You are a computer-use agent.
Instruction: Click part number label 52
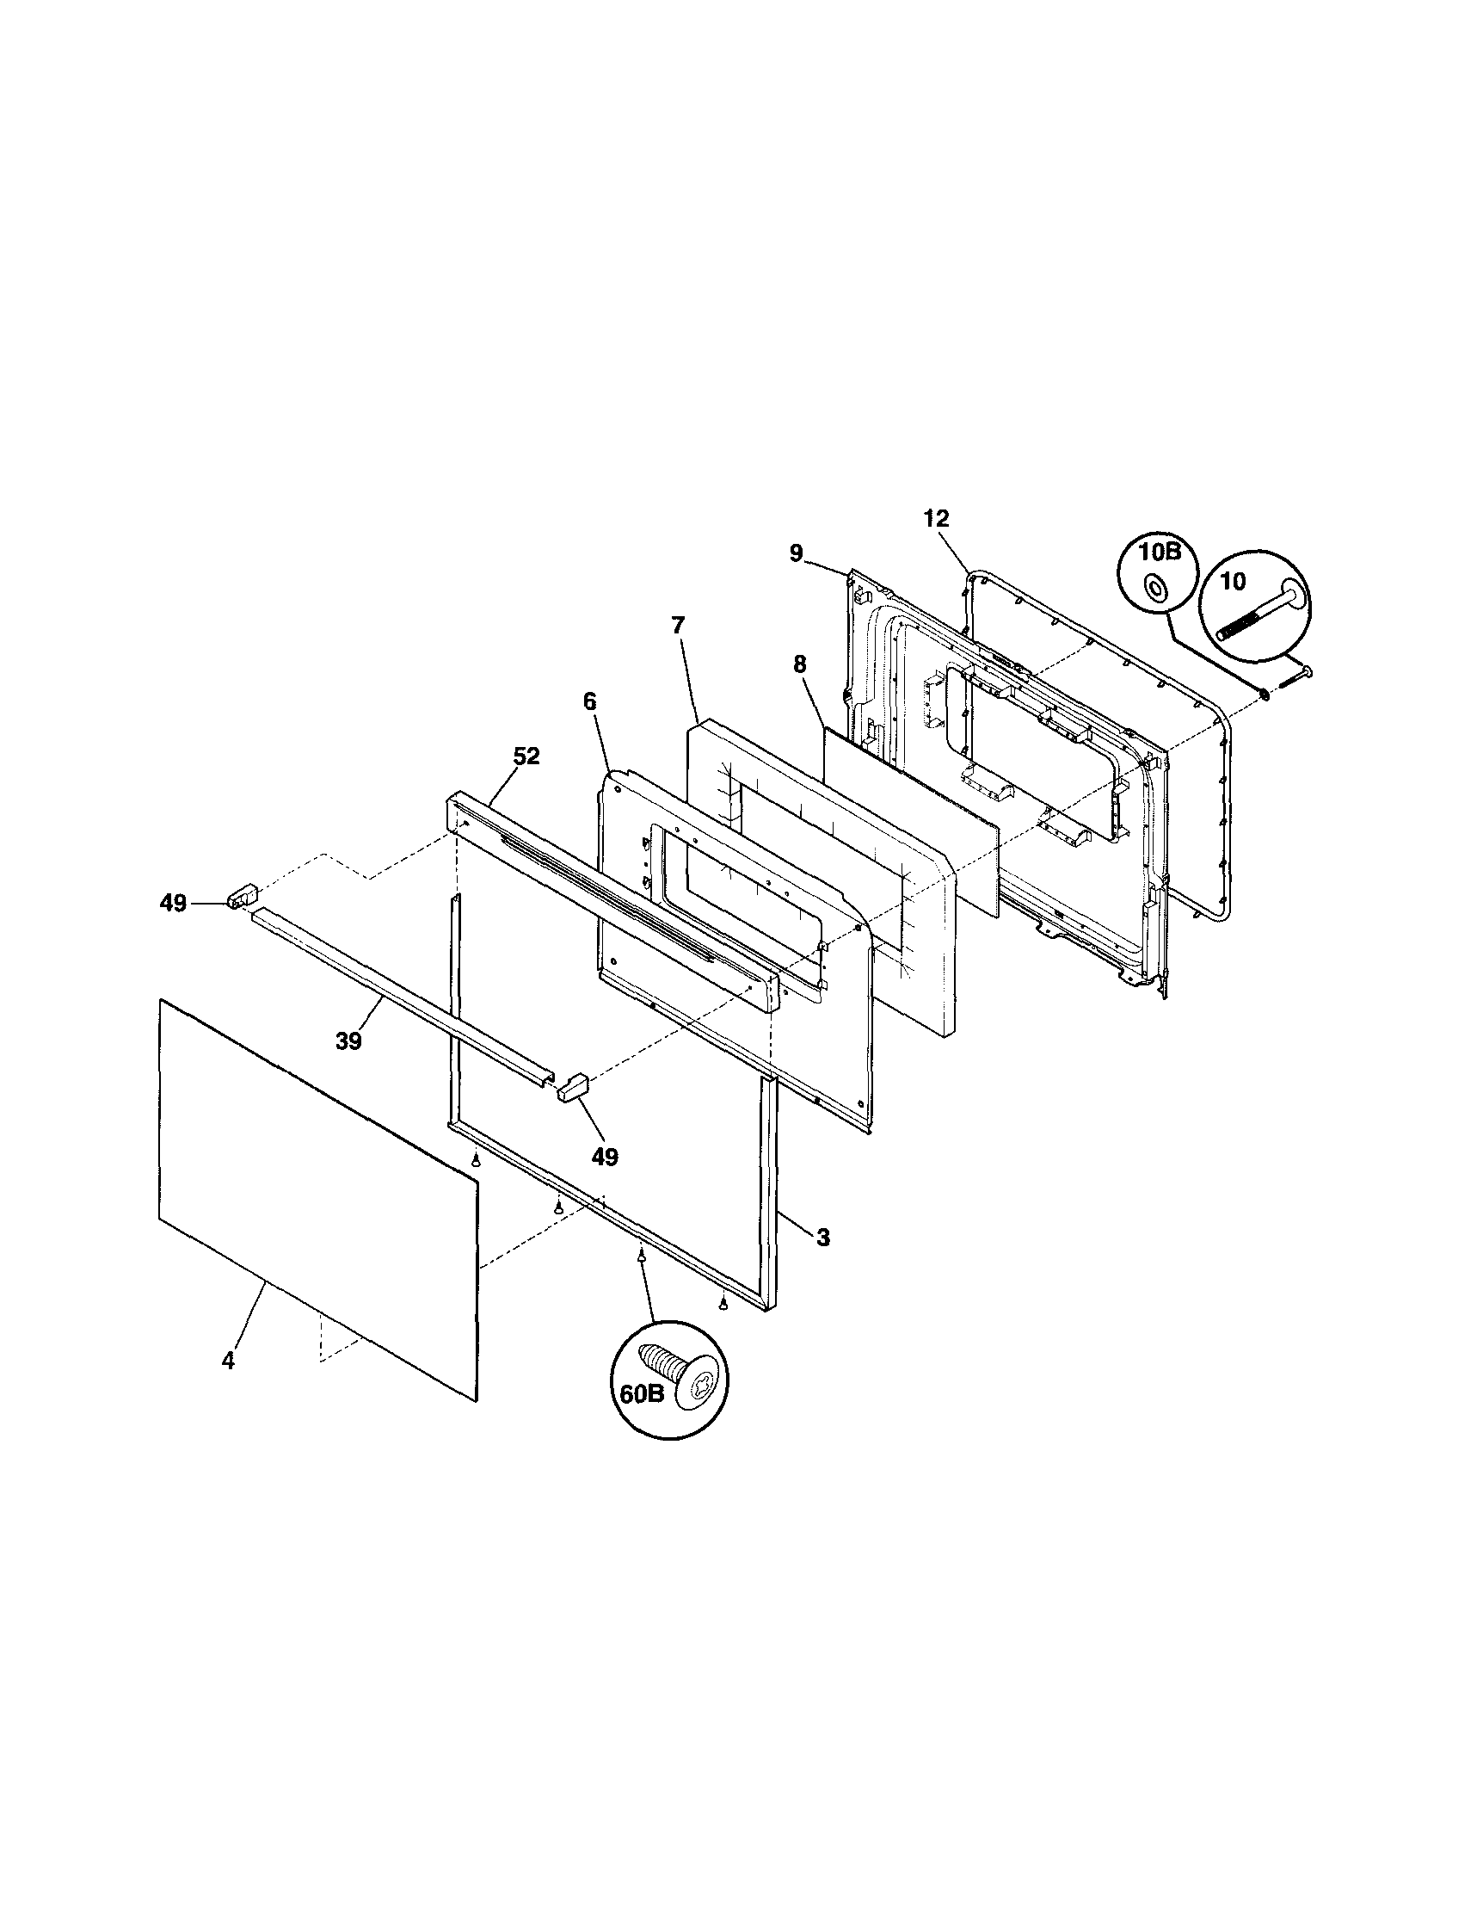526,756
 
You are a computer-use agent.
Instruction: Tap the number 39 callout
348,1041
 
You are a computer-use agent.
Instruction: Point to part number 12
935,518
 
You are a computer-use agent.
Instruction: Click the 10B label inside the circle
1159,552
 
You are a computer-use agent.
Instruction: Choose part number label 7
679,625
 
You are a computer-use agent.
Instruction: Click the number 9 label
796,553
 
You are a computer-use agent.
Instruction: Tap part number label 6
590,700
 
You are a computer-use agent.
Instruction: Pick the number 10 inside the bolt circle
1233,581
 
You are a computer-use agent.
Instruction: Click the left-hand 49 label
173,904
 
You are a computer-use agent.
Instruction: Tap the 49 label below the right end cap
605,1157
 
